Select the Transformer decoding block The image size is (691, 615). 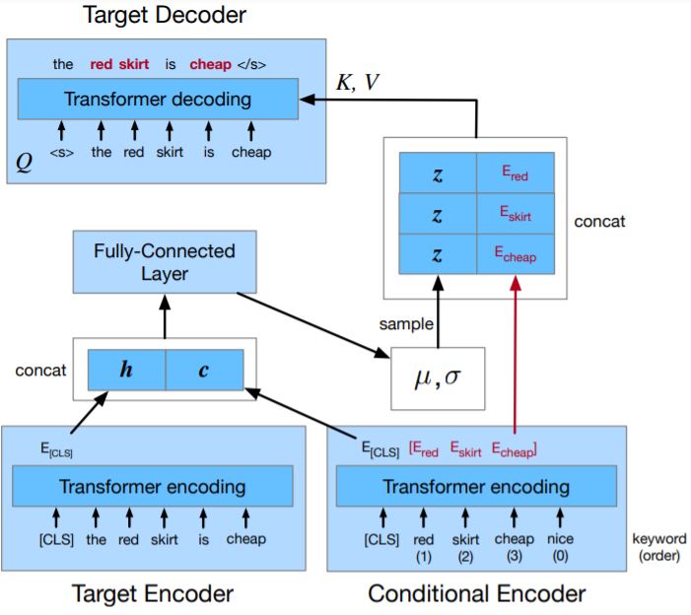(x=158, y=100)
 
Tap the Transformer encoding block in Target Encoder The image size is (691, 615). (x=153, y=486)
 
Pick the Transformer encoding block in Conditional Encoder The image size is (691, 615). (x=476, y=486)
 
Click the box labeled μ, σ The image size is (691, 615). (x=439, y=377)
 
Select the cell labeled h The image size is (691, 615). (x=126, y=371)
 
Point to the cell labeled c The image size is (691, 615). (x=204, y=371)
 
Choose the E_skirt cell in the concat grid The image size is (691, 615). (x=515, y=215)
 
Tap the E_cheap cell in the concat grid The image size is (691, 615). (x=515, y=254)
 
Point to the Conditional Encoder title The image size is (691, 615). (x=476, y=593)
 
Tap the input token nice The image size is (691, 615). (x=561, y=539)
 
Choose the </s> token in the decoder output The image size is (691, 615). (x=251, y=65)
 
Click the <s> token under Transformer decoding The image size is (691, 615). (x=61, y=153)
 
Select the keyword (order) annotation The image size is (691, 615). (x=655, y=548)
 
